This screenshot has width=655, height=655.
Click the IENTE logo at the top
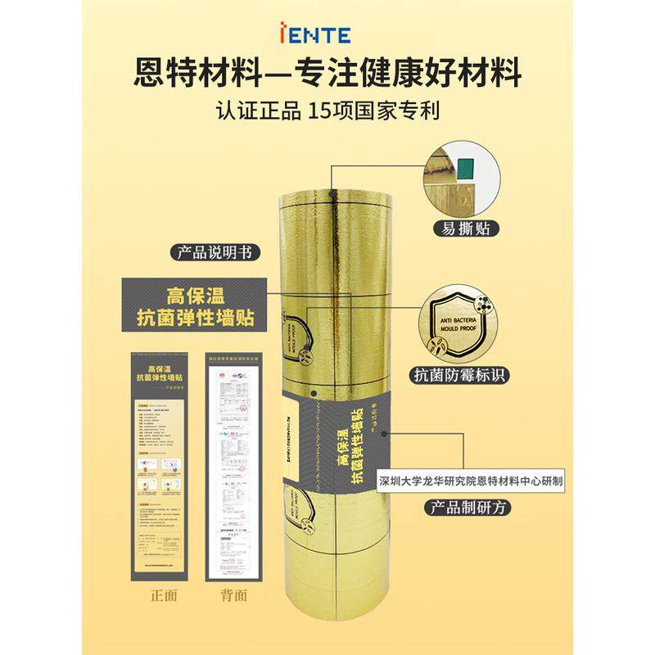click(327, 35)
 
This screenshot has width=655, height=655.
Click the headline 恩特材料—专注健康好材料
click(327, 75)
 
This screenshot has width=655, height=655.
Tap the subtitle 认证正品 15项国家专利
click(327, 111)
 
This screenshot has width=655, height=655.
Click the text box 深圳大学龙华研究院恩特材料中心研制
click(471, 481)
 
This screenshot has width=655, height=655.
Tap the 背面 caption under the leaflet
click(234, 594)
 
